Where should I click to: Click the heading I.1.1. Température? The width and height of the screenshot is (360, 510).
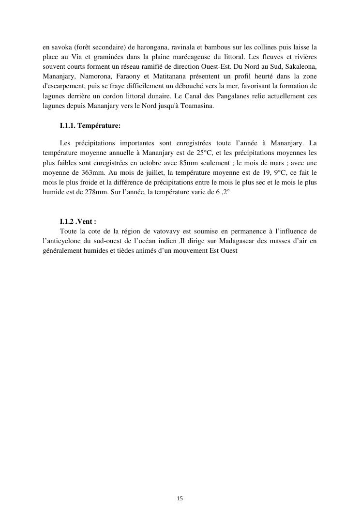click(x=90, y=126)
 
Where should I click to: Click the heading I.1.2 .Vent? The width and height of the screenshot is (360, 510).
click(x=78, y=222)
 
